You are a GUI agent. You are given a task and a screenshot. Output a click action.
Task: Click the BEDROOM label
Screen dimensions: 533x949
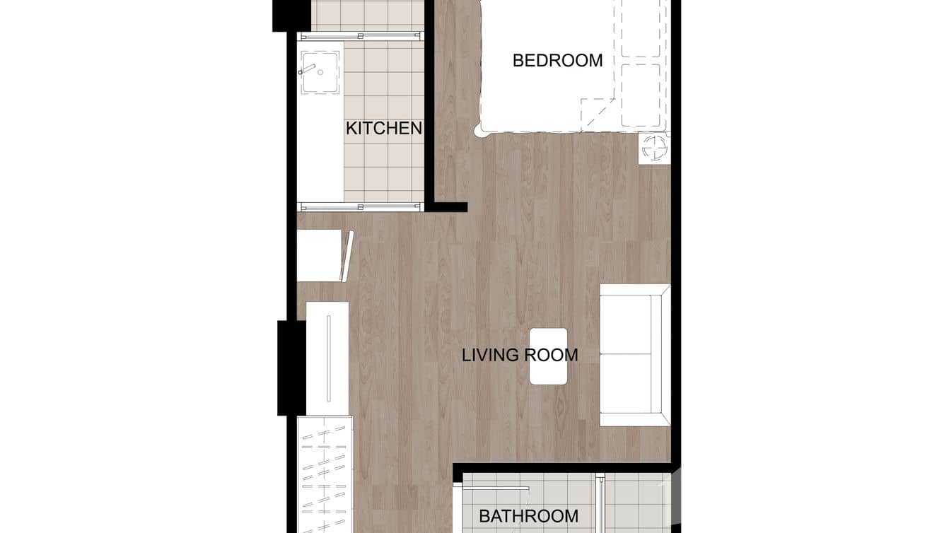tap(557, 61)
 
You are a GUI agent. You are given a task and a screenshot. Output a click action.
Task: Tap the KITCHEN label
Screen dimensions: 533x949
tap(383, 129)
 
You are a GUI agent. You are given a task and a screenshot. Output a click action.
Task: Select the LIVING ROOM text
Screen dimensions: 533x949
tap(520, 355)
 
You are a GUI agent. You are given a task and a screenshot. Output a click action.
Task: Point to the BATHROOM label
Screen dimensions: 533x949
tap(528, 517)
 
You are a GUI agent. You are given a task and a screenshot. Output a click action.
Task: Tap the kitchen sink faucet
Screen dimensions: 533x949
tap(307, 69)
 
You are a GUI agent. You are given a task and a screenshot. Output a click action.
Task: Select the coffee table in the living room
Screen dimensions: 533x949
tap(549, 356)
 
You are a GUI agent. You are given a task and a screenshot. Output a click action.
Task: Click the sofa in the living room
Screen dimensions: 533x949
tap(634, 355)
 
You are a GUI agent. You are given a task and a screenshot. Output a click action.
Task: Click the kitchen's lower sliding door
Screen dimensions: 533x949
tap(361, 206)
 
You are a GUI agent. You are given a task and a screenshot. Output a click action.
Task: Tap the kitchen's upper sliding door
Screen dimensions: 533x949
tap(361, 35)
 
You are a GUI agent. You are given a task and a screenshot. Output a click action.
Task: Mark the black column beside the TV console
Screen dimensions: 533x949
tap(291, 368)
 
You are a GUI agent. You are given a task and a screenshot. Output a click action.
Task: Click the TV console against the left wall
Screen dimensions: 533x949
tap(327, 358)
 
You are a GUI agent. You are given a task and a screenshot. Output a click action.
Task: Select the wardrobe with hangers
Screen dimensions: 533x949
tap(325, 474)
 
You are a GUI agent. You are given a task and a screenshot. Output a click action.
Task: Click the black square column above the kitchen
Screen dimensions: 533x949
tap(291, 15)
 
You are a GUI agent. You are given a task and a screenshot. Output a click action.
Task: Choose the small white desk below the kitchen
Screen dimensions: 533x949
tap(320, 255)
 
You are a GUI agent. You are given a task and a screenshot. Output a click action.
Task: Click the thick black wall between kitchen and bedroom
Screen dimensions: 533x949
tap(429, 106)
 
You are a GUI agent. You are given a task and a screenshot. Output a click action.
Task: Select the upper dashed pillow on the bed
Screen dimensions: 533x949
tap(641, 28)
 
